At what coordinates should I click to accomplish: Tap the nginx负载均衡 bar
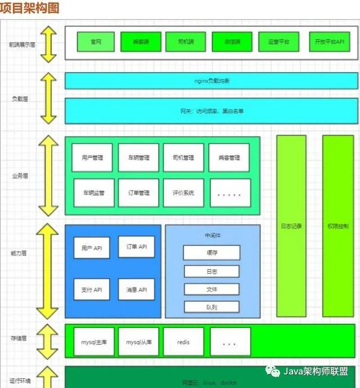tap(211, 81)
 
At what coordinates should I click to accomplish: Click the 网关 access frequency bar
tap(211, 111)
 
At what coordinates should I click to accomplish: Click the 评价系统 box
tap(183, 193)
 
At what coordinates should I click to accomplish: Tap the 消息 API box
tap(136, 289)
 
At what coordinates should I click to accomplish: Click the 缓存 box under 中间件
tap(211, 252)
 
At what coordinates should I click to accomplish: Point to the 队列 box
tap(211, 307)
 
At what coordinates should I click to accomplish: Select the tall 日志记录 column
tap(291, 226)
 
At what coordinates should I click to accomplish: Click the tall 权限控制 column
tap(337, 226)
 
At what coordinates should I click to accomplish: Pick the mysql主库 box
tap(93, 342)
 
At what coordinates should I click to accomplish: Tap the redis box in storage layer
tap(183, 342)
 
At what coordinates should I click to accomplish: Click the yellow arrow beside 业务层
tap(48, 176)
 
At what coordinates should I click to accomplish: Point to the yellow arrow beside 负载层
tap(48, 98)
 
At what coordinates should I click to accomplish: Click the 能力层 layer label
tap(19, 253)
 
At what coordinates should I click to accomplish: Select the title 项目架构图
tap(29, 8)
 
